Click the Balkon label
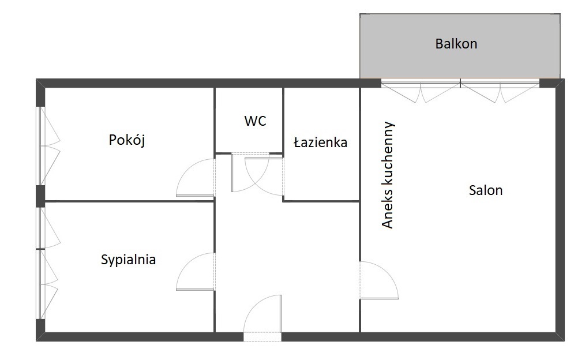[x=456, y=44]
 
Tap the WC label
[x=255, y=121]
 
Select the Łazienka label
[x=321, y=142]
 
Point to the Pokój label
[x=127, y=140]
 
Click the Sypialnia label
[x=129, y=260]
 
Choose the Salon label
[x=486, y=190]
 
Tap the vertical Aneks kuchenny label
[x=387, y=175]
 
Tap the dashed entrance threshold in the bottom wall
[x=262, y=337]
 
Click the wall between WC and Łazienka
[x=283, y=120]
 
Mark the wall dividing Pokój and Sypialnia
[x=129, y=201]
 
